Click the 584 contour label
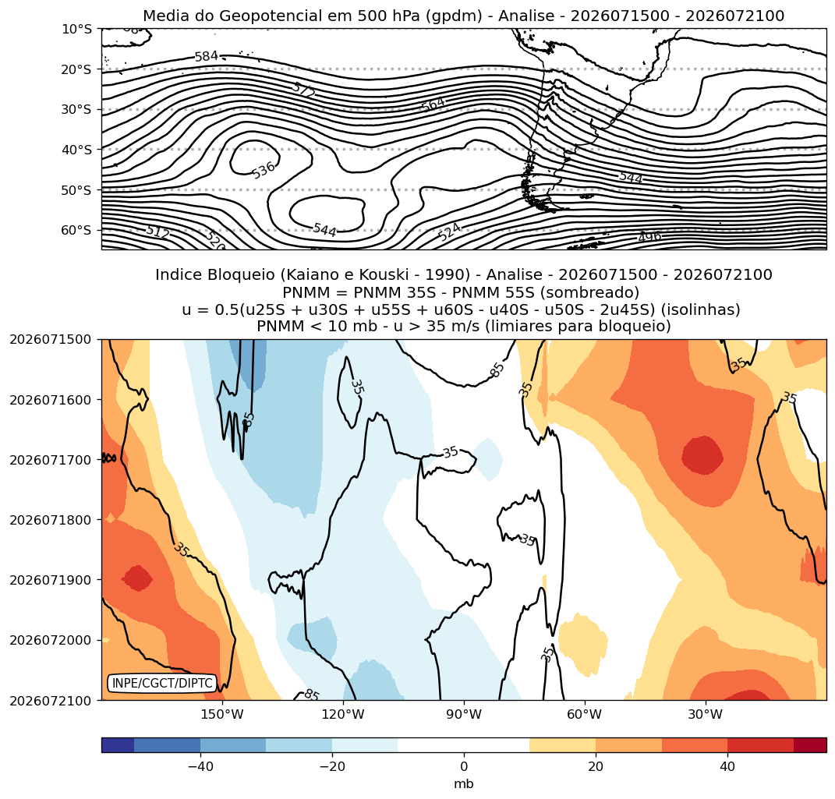(207, 56)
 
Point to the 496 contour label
(649, 236)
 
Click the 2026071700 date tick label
(51, 459)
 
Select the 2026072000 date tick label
(51, 640)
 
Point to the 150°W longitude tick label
(222, 714)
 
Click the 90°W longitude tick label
(464, 714)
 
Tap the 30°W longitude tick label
(705, 714)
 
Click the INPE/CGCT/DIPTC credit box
(162, 683)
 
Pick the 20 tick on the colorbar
(596, 766)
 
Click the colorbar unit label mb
(463, 784)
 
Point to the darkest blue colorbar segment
(118, 744)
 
